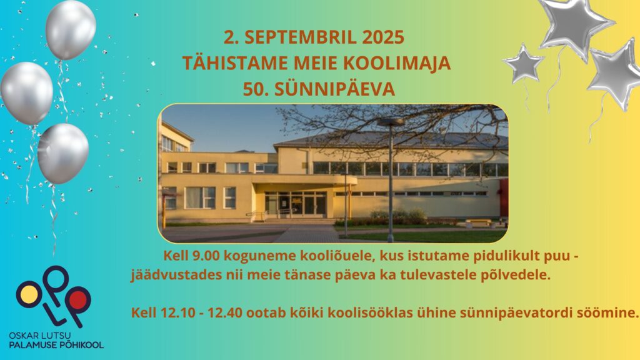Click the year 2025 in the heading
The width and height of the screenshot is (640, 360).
(383, 37)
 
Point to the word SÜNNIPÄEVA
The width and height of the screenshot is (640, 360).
(335, 89)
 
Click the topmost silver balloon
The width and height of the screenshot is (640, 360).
(70, 29)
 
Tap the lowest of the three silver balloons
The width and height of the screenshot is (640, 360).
(63, 154)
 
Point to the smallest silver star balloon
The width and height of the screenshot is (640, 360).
(524, 63)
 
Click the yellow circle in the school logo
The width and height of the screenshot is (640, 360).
(29, 295)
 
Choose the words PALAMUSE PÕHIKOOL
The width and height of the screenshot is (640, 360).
(56, 345)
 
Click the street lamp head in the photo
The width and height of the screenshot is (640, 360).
(391, 122)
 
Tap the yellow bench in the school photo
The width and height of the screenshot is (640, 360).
(478, 223)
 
